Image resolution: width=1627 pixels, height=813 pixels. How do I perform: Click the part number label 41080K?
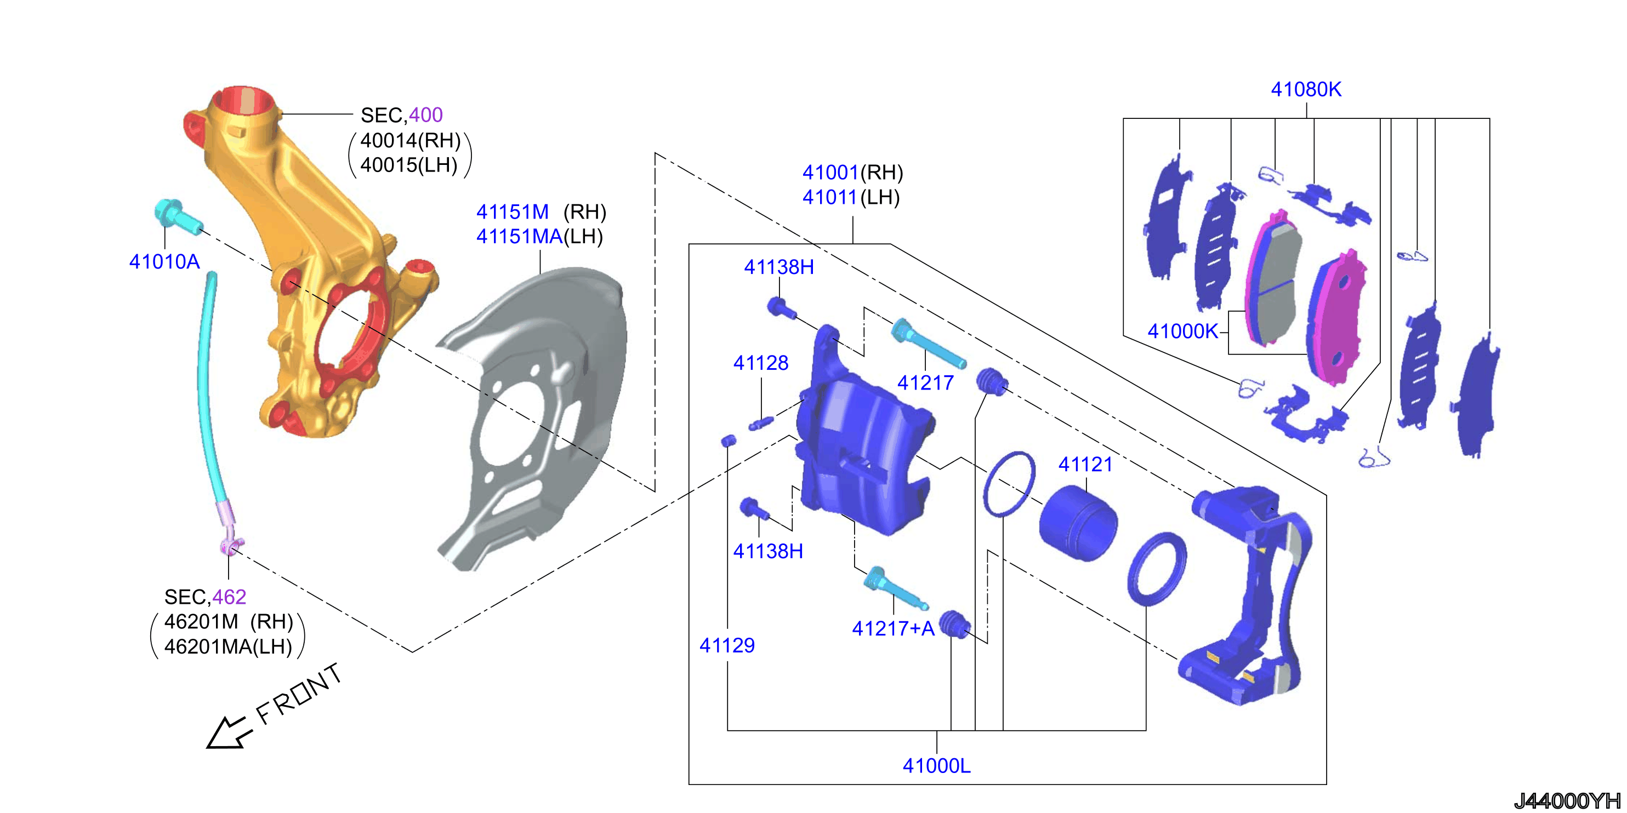coord(1306,90)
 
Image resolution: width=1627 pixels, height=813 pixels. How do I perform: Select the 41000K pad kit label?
coord(1182,331)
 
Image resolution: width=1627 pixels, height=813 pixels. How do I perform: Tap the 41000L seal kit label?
coord(937,766)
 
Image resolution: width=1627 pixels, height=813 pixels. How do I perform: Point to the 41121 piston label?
coord(1085,465)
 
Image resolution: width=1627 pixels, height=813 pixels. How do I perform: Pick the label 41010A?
coord(164,261)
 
